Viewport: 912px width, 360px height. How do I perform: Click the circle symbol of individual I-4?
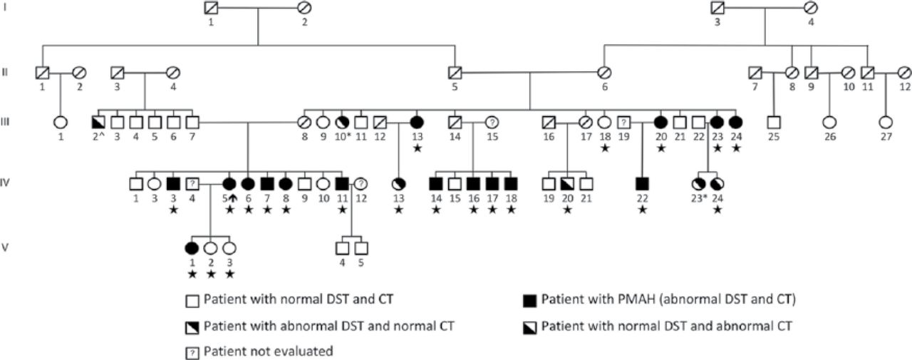point(809,9)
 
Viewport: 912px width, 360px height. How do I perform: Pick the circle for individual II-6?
point(605,72)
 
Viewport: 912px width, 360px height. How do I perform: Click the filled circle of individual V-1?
point(191,248)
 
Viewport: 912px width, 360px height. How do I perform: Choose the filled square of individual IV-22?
point(643,184)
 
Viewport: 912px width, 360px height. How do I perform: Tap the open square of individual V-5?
point(361,248)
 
